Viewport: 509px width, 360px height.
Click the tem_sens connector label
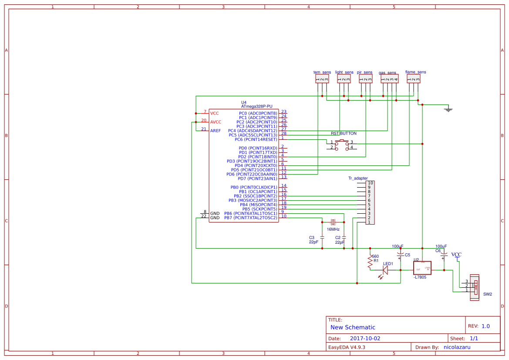tap(322, 72)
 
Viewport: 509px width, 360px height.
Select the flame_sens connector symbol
tap(414, 79)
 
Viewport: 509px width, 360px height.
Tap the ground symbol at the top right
tap(448, 109)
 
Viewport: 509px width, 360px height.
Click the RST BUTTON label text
tap(344, 134)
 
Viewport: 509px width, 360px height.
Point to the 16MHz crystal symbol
tap(333, 222)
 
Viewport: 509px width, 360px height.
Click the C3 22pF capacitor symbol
tap(322, 237)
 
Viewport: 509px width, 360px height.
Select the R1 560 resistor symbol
tap(370, 262)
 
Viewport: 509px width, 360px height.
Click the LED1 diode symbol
tap(385, 270)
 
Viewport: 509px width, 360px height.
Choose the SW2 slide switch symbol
tap(475, 287)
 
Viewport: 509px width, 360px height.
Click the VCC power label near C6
tap(456, 255)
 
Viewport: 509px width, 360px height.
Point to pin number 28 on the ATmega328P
tap(283, 133)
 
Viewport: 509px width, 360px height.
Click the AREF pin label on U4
tap(215, 131)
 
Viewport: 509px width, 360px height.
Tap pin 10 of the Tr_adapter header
tap(369, 183)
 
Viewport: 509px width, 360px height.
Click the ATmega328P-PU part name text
tap(256, 106)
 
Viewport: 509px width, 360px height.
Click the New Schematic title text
tap(353, 327)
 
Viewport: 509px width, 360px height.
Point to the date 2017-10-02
tap(365, 338)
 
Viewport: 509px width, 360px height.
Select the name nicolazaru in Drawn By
tap(457, 347)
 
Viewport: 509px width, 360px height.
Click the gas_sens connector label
tap(387, 73)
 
